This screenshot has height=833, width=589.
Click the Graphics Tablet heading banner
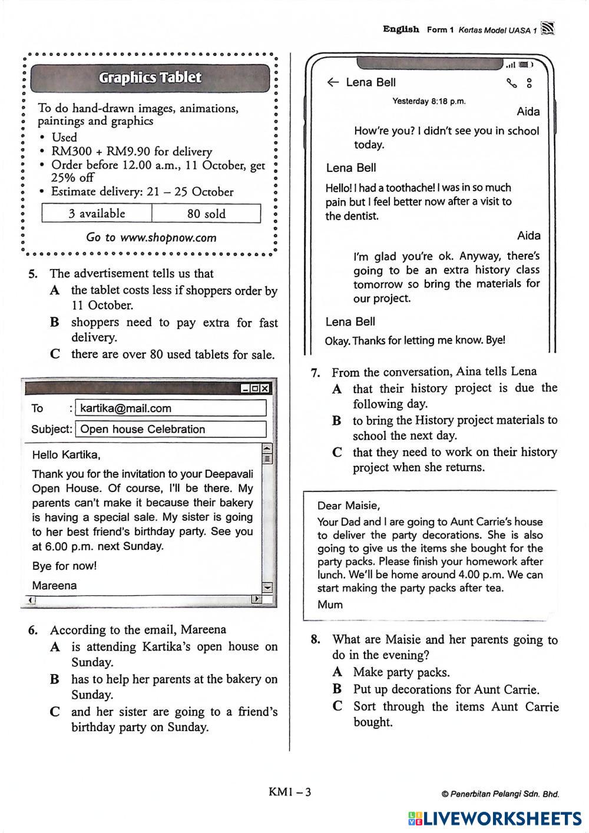click(x=150, y=78)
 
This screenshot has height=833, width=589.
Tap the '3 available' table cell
click(x=97, y=214)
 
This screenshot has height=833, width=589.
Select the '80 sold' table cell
click(x=206, y=214)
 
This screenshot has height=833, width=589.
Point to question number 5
click(x=33, y=274)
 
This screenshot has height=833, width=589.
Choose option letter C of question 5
click(x=55, y=354)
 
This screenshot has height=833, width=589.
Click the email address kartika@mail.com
click(x=125, y=409)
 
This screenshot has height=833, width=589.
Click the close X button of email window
click(x=266, y=389)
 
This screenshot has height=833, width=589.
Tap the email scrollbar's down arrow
click(x=267, y=587)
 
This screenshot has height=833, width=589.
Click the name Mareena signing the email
click(x=54, y=586)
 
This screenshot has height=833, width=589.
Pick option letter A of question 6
click(x=55, y=647)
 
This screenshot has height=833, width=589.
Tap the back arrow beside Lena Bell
click(x=333, y=82)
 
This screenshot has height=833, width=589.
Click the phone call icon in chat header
click(x=511, y=83)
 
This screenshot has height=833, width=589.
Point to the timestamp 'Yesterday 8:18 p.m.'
click(x=429, y=101)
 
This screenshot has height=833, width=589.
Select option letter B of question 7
click(x=336, y=420)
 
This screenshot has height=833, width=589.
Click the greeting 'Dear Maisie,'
click(x=348, y=506)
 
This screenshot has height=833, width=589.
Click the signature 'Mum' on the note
click(x=330, y=605)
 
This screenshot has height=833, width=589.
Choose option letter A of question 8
click(x=337, y=672)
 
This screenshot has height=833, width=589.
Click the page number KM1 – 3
click(x=290, y=792)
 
